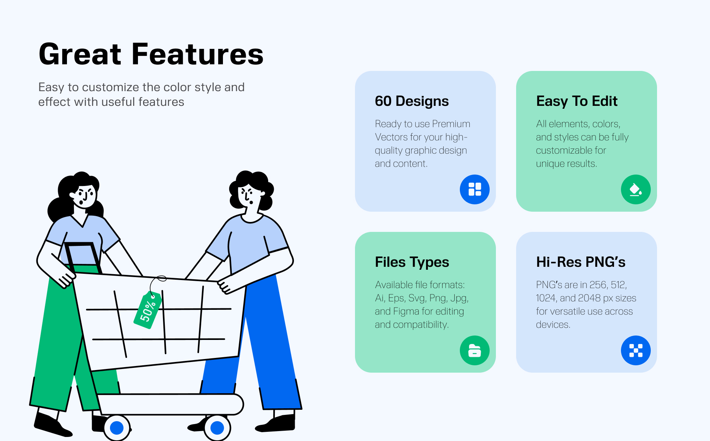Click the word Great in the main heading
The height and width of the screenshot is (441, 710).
80,54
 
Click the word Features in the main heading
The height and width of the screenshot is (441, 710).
198,54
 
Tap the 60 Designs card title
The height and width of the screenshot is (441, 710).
412,101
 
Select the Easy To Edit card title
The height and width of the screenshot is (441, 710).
577,101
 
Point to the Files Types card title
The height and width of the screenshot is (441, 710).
412,262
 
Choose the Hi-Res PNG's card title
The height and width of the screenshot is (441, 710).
581,262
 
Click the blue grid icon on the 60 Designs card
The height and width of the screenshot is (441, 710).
475,189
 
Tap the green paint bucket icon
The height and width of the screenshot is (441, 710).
636,189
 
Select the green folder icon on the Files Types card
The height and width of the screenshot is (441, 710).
475,350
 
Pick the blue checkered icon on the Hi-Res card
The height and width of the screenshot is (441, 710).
636,350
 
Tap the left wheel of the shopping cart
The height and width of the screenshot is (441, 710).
117,428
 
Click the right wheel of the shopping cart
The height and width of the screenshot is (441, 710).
217,428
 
